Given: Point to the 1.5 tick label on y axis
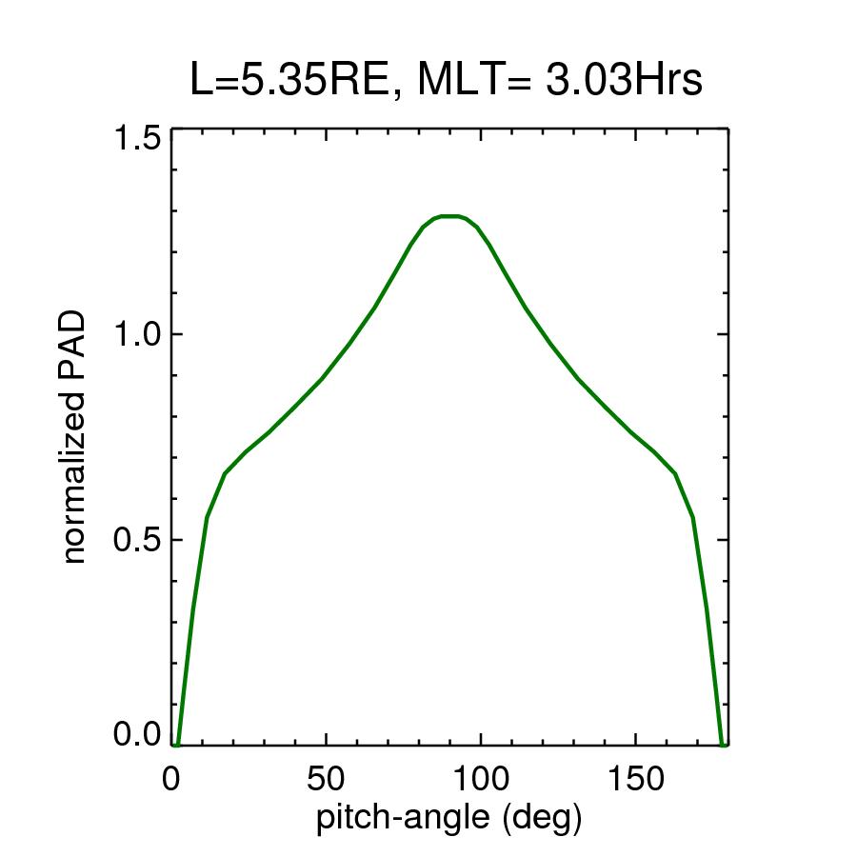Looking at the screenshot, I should click(x=137, y=139).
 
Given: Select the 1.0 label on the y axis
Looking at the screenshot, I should click(x=137, y=335).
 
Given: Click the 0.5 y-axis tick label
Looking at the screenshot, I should click(x=137, y=540).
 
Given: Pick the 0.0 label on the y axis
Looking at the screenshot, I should click(x=137, y=735).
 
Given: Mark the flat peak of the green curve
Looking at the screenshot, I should click(x=450, y=216).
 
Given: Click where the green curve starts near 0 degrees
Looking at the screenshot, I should click(x=177, y=742).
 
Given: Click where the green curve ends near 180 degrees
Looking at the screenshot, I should click(x=723, y=742).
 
